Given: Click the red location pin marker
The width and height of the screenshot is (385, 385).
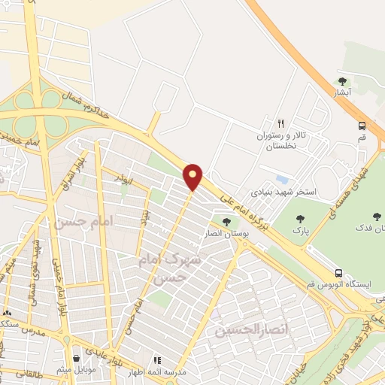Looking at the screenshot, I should (193, 177).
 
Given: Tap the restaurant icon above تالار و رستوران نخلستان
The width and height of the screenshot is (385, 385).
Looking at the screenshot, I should (280, 123).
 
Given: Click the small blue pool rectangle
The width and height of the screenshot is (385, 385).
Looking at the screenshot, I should (282, 180).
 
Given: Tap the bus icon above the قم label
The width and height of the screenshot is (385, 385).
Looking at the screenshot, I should (362, 126).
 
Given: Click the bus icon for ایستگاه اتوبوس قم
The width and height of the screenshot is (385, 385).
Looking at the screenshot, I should (339, 273).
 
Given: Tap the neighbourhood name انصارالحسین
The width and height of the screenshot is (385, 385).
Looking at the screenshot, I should (242, 329).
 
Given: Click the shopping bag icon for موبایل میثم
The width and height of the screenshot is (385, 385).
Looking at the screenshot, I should (77, 359).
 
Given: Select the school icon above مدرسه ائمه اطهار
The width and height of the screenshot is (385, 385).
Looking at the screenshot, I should (157, 360).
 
